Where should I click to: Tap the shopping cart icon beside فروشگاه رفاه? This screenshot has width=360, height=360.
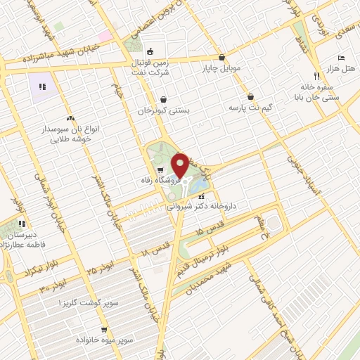tap(161, 169)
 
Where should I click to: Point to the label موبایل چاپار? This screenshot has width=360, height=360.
tap(221, 69)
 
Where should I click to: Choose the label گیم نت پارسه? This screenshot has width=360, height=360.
tap(251, 108)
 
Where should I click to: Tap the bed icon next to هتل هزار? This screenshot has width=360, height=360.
tap(341, 58)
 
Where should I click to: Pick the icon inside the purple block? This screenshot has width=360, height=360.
tap(42, 86)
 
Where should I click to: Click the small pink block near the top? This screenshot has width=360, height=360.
tap(105, 35)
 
